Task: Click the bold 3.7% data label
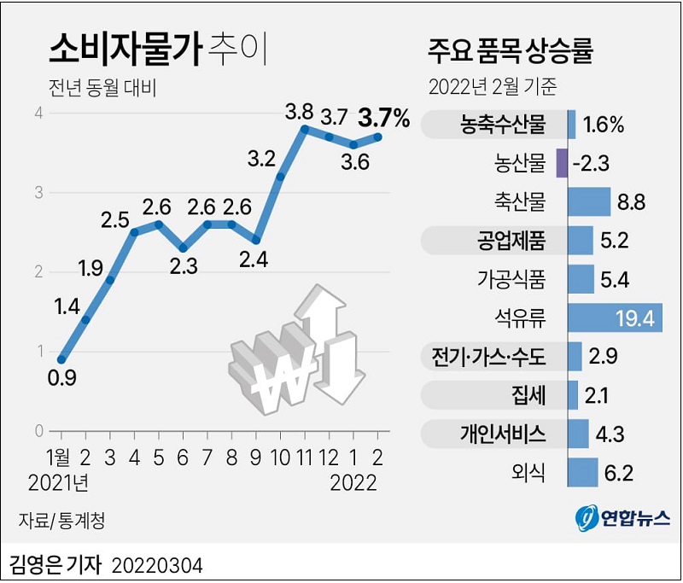tap(384, 119)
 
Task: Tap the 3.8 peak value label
tap(299, 111)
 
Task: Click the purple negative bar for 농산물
tap(561, 162)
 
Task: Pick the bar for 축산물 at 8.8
tap(589, 202)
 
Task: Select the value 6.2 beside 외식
tap(620, 471)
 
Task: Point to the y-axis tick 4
tap(38, 113)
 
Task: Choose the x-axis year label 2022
tap(353, 483)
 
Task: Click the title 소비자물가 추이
tap(158, 51)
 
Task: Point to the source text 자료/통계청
tap(63, 518)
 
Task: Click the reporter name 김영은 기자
tap(55, 563)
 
